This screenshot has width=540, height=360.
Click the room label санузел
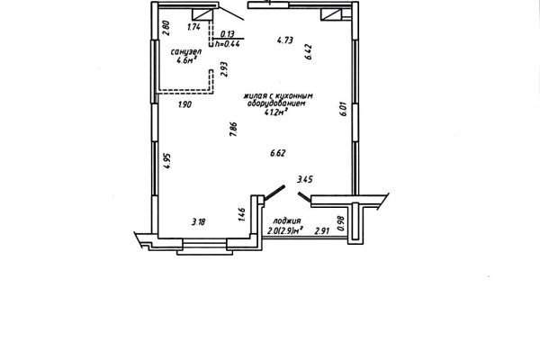186,52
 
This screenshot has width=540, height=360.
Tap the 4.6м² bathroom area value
186,60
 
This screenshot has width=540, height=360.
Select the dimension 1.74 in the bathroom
193,27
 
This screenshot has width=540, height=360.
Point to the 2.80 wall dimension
166,28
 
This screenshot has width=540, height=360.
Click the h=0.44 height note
228,44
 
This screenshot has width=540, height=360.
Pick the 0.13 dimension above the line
228,34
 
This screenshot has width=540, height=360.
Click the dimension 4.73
285,40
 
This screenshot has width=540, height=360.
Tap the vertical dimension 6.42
308,51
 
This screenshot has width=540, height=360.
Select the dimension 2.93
224,69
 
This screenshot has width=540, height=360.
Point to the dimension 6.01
344,109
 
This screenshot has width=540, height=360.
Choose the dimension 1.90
184,104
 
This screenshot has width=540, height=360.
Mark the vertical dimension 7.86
233,129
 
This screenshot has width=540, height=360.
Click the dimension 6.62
278,153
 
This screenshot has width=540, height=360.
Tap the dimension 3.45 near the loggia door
305,179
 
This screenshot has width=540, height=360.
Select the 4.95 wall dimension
167,161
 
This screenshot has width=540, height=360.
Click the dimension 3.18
198,222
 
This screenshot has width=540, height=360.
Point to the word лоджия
287,220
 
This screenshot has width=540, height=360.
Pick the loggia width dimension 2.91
322,231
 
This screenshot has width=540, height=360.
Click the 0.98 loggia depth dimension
341,223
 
